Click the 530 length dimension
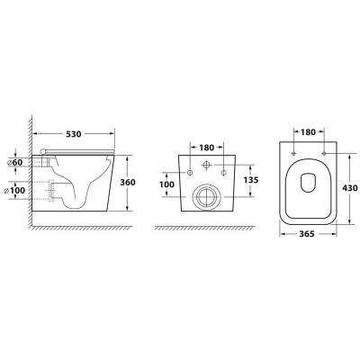tap(74, 134)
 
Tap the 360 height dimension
tap(128, 182)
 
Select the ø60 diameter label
tap(15, 162)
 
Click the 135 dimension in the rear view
tap(250, 180)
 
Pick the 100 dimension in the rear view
tap(166, 184)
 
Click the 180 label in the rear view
tap(207, 148)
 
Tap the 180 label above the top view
tap(309, 131)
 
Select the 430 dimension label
tap(349, 188)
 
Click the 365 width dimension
tap(307, 234)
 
